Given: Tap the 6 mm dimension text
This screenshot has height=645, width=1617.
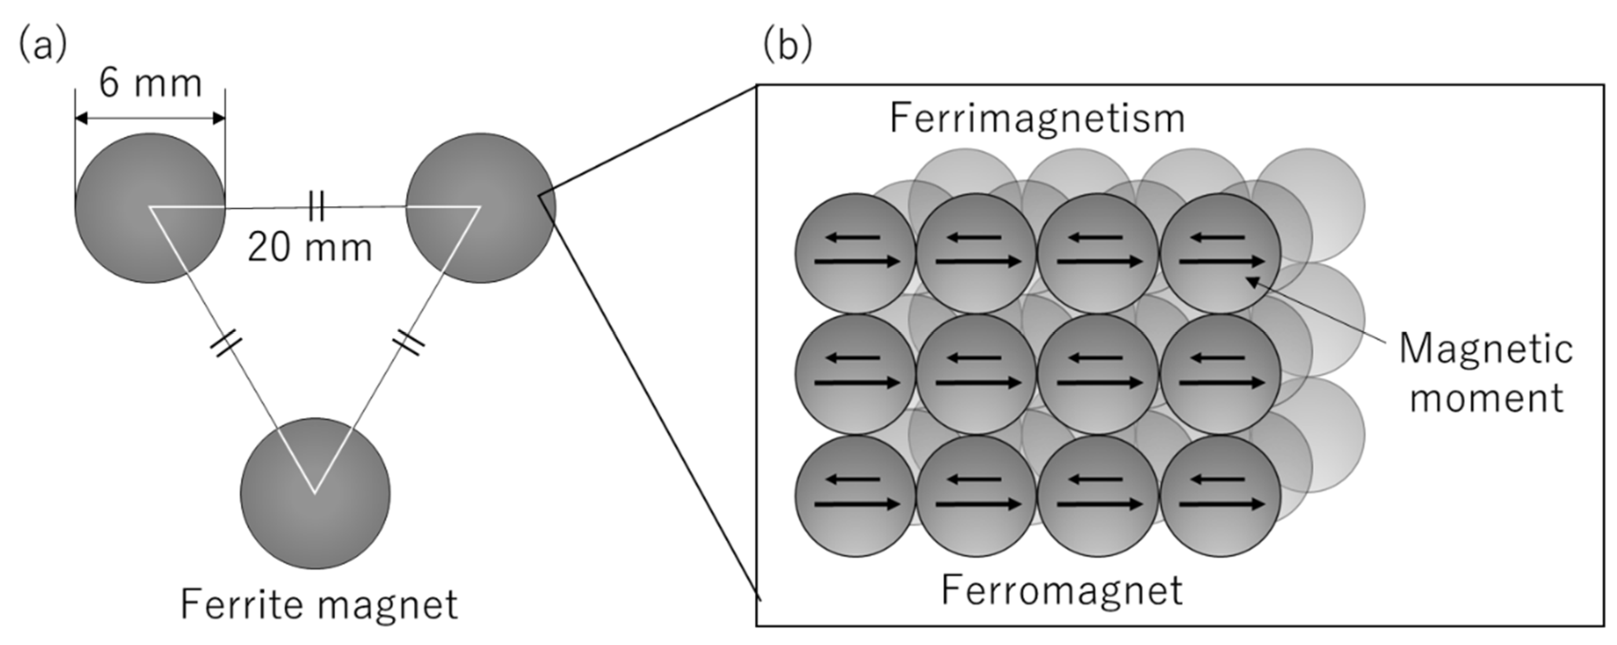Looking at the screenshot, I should tap(151, 84).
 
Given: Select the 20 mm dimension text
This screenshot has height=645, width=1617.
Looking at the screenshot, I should tap(310, 247).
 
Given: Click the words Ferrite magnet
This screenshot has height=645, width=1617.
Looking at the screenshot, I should tap(319, 604).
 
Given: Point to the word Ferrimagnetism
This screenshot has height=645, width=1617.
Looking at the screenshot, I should tap(1037, 118).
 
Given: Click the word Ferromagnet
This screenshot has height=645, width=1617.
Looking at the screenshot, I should tap(1062, 590).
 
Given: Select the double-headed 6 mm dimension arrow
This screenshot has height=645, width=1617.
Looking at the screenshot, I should tap(150, 118).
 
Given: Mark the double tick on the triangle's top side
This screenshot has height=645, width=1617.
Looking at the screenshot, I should tap(316, 206).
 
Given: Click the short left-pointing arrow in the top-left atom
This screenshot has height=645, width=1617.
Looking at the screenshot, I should tap(852, 237).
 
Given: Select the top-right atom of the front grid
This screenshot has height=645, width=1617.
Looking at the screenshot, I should tap(1220, 253).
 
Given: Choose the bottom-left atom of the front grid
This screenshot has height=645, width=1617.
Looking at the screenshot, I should tap(855, 496).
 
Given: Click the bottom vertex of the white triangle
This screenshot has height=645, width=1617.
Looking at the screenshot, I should tap(315, 493).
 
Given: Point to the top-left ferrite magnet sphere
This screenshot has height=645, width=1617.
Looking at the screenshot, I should tap(150, 208).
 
